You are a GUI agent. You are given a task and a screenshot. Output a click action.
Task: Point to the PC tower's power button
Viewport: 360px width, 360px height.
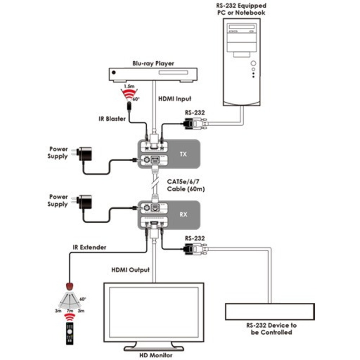click(253, 63)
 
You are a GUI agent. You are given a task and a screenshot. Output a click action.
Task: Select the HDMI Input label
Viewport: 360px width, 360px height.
click(175, 99)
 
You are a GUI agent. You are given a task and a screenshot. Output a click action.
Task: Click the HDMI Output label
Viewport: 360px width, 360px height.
click(130, 270)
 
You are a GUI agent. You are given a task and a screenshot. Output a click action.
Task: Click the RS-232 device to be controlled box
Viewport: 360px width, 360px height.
click(270, 311)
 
